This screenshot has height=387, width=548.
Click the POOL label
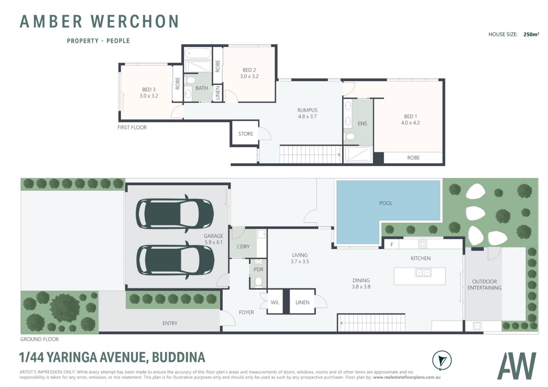coord(386,203)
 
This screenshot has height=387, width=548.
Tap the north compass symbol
coord(442,360)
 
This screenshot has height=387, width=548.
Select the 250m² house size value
coord(531,34)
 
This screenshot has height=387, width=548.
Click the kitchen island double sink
coord(423,273)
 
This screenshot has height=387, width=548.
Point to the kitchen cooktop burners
coord(422,244)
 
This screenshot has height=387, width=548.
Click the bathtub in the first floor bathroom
coord(198,53)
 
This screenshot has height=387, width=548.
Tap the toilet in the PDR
coord(259,282)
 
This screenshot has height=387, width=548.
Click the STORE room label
coord(245,134)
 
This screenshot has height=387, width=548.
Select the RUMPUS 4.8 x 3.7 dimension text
coord(307,116)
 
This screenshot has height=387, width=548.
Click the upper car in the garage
coord(175,214)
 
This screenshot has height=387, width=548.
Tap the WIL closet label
coord(275,302)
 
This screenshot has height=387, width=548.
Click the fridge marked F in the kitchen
coord(392,244)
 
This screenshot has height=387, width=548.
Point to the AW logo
coord(517,366)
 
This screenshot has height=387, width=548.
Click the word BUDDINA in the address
coord(178,357)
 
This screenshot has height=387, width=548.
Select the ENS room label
coord(362,123)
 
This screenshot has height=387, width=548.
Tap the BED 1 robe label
coord(413,158)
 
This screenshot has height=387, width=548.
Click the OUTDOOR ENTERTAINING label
coord(484,285)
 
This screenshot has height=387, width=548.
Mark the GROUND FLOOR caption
coord(39,339)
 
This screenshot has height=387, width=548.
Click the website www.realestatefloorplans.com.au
coord(407,377)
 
